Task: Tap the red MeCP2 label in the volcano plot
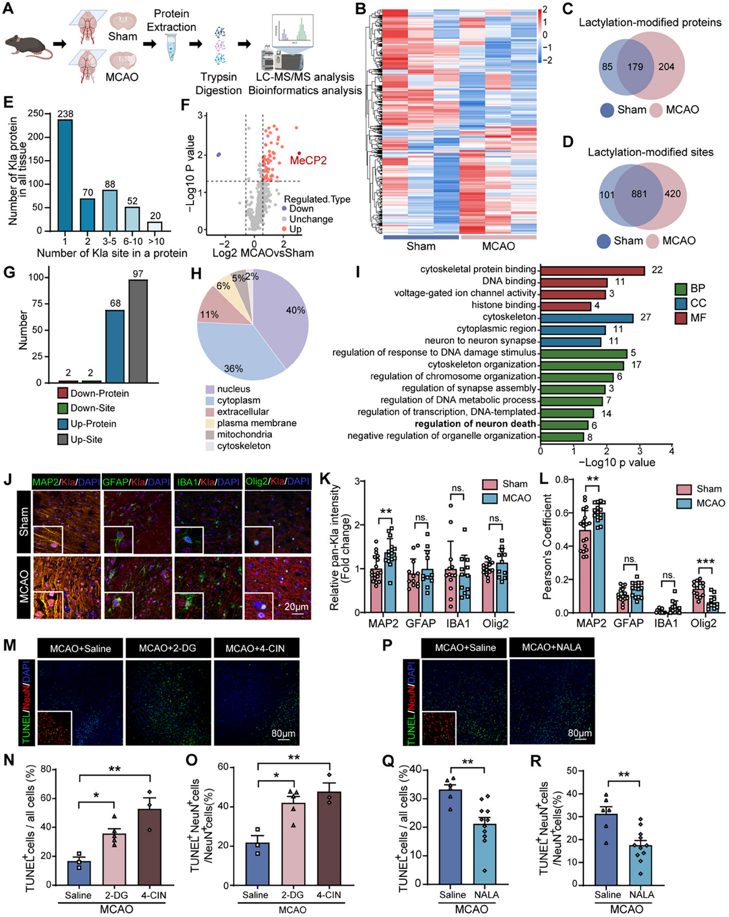pyautogui.click(x=308, y=161)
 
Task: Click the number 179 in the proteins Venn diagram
pyautogui.click(x=635, y=67)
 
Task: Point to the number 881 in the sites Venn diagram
pyautogui.click(x=639, y=194)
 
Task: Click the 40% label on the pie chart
pyautogui.click(x=295, y=310)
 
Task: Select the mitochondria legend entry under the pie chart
pyautogui.click(x=244, y=434)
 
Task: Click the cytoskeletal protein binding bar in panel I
pyautogui.click(x=592, y=270)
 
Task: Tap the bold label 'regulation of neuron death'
pyautogui.click(x=475, y=424)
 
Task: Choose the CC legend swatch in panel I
pyautogui.click(x=681, y=303)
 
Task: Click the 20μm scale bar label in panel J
pyautogui.click(x=297, y=607)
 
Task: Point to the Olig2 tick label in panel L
pyautogui.click(x=703, y=624)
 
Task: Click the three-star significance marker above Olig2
pyautogui.click(x=705, y=562)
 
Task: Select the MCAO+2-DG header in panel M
pyautogui.click(x=167, y=648)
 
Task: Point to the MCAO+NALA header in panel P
pyautogui.click(x=551, y=647)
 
